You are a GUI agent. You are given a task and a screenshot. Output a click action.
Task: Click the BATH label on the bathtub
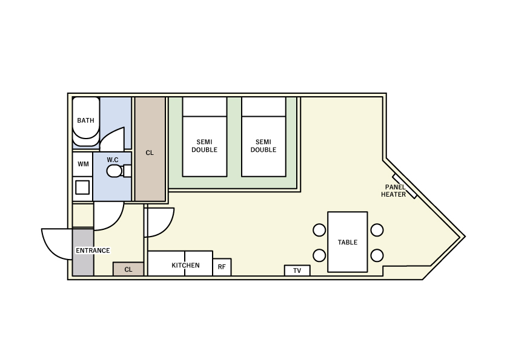85,120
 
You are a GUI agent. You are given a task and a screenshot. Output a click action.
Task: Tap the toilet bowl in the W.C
114,171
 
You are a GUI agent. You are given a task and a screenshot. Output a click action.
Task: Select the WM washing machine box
83,164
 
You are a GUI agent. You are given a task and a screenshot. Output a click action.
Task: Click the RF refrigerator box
222,267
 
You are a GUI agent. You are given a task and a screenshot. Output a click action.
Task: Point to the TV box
297,270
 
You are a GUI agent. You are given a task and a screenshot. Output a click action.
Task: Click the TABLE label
348,243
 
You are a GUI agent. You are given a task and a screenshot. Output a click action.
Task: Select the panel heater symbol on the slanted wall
405,186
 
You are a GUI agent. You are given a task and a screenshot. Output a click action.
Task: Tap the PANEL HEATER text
394,191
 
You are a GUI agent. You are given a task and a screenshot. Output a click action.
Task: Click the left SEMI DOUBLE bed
205,137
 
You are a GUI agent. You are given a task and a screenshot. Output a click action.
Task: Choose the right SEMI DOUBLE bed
263,137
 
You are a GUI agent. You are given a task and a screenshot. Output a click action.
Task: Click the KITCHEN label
185,266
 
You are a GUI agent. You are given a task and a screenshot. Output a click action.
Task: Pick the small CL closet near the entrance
128,269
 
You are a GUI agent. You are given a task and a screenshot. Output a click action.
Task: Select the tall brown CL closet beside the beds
150,149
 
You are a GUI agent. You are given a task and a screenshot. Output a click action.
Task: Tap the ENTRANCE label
93,250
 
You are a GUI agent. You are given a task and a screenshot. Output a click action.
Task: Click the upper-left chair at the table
319,230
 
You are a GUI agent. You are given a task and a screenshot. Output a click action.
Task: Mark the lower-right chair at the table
377,255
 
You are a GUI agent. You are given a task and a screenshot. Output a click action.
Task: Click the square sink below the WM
82,188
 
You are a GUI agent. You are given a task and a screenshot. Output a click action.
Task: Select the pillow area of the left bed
205,106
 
